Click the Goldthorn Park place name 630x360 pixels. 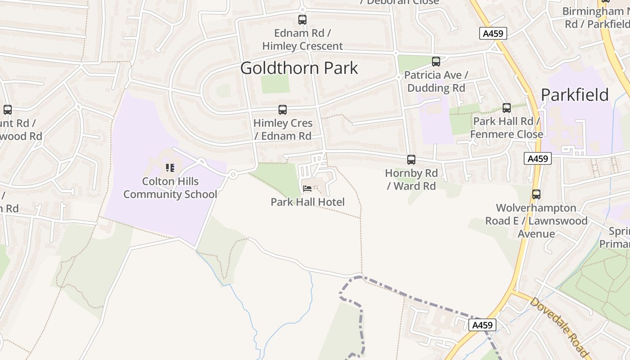299,68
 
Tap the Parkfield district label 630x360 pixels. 575,95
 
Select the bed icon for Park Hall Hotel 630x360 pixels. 307,188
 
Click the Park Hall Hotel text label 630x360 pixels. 307,202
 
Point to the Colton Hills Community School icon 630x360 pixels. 170,168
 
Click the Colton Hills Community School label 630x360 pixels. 170,188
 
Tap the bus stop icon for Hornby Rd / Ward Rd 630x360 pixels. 411,159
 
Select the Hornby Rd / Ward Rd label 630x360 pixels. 411,179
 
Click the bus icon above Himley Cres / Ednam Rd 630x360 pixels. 282,109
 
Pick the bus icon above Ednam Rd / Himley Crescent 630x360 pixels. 302,19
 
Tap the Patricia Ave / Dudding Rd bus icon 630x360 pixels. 436,61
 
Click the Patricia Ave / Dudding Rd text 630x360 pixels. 436,81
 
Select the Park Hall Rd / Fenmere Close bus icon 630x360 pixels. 507,108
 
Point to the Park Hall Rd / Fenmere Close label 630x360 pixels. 507,127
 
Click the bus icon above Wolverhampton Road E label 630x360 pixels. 536,194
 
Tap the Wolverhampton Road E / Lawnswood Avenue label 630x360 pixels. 536,220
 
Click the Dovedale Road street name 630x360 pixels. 559,325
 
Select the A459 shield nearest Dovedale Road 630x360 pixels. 482,325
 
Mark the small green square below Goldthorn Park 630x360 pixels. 275,84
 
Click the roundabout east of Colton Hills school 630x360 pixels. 233,175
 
